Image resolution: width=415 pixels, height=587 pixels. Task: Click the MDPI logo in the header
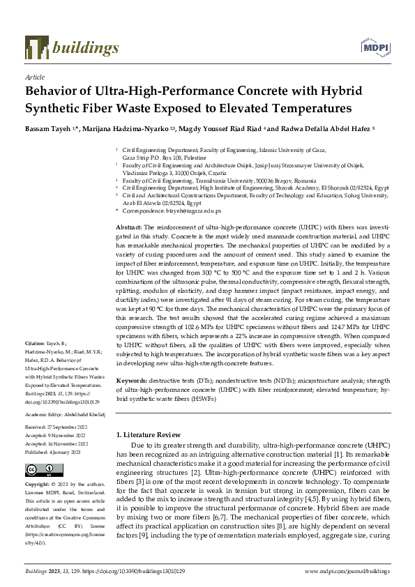(x=373, y=46)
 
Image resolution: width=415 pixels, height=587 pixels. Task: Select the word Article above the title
(x=34, y=77)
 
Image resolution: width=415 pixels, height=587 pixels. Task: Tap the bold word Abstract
(x=128, y=228)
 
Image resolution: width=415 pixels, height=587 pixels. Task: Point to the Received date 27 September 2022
(x=66, y=426)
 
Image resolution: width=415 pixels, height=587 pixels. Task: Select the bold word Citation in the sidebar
(x=35, y=344)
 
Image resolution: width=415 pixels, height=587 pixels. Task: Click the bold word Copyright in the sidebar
(x=39, y=484)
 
